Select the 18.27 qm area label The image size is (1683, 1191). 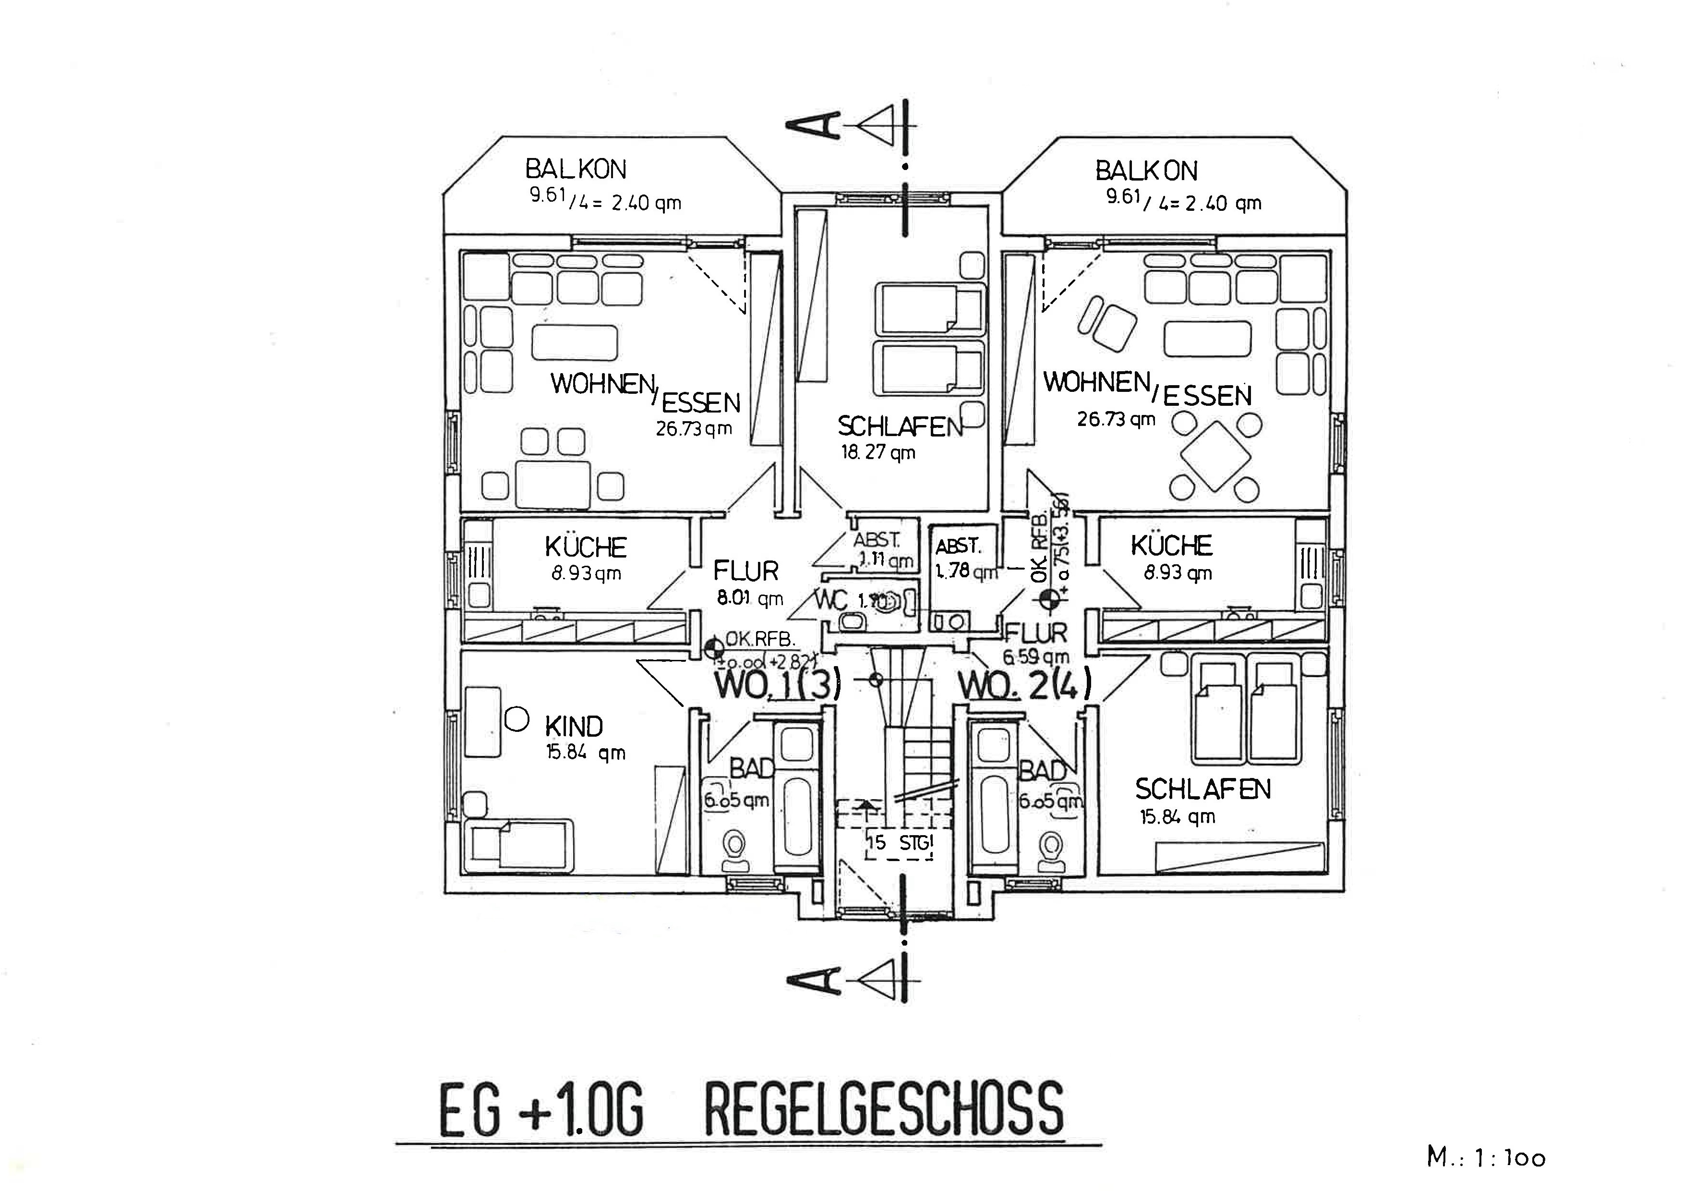pyautogui.click(x=878, y=452)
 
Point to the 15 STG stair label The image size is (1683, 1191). pyautogui.click(x=899, y=843)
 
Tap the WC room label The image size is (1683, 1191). pyautogui.click(x=832, y=600)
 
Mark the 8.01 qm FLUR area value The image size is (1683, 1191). pyautogui.click(x=749, y=598)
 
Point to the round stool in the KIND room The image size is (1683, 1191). pyautogui.click(x=517, y=719)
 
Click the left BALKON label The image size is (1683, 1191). pyautogui.click(x=576, y=170)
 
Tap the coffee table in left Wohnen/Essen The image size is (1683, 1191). pyautogui.click(x=575, y=342)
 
